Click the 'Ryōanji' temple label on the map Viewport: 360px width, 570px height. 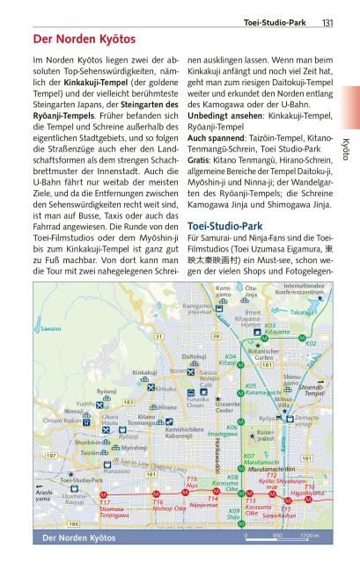coord(107,391)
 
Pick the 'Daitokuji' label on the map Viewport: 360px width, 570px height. coord(194,357)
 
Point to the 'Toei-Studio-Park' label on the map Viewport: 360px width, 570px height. coord(81,480)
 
